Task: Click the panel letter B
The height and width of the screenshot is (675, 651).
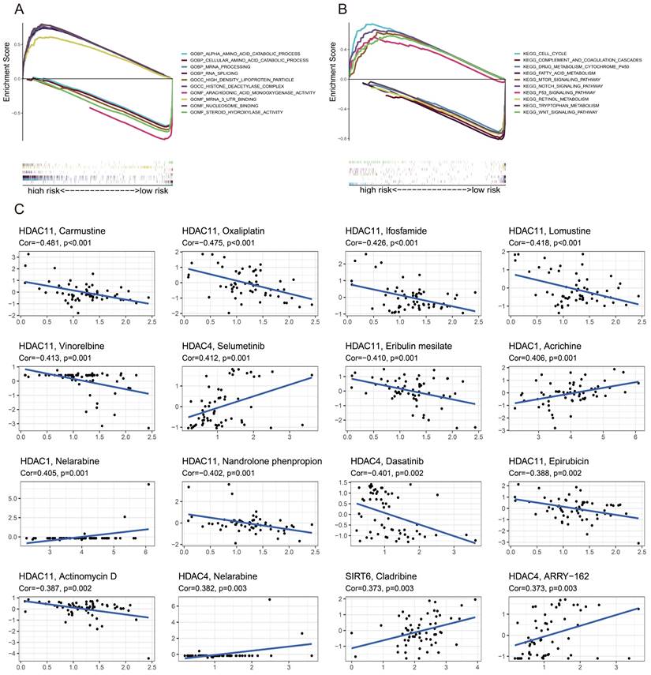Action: point(342,9)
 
